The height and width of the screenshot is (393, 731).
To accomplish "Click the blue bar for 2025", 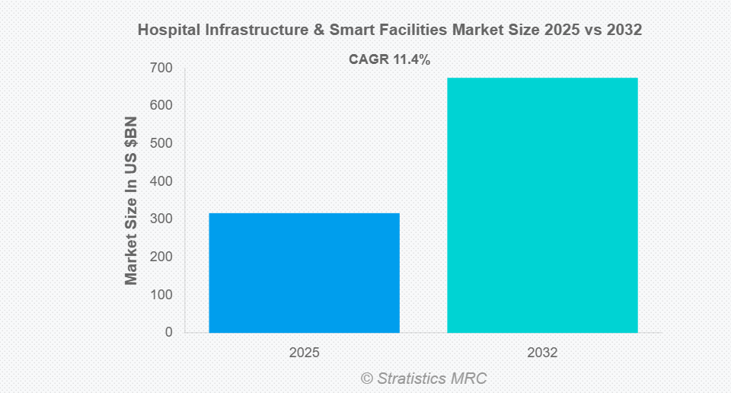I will tap(304, 273).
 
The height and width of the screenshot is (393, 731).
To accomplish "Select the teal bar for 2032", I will tap(542, 205).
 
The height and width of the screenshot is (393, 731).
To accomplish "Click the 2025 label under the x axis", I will tap(304, 353).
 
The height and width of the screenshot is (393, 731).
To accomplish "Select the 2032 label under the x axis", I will tap(542, 353).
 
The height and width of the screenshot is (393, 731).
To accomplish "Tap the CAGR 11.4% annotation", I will tap(389, 59).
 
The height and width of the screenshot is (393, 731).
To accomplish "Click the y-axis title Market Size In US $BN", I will tap(132, 201).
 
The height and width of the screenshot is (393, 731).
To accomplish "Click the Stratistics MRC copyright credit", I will tap(423, 378).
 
